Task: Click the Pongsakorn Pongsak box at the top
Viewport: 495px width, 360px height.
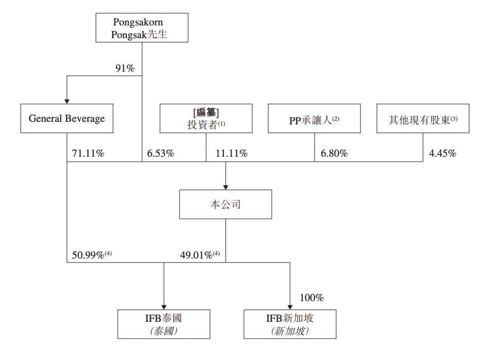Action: pyautogui.click(x=142, y=28)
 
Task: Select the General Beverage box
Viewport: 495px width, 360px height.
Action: pyautogui.click(x=67, y=119)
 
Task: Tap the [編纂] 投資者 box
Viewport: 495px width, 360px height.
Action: pyautogui.click(x=206, y=119)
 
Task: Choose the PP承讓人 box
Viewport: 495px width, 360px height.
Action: pyautogui.click(x=314, y=119)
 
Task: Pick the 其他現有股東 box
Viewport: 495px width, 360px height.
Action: pyautogui.click(x=423, y=119)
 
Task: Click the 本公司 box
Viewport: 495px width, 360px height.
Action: pyautogui.click(x=225, y=204)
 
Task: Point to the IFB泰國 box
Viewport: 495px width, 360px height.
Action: pyautogui.click(x=163, y=324)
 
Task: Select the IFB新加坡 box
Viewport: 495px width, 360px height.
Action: pyautogui.click(x=290, y=324)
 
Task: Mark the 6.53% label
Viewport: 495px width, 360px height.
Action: pyautogui.click(x=160, y=153)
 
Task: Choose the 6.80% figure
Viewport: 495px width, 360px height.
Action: pyautogui.click(x=333, y=153)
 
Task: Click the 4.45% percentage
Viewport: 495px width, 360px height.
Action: pyautogui.click(x=442, y=153)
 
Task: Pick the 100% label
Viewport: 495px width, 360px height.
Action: pyautogui.click(x=311, y=298)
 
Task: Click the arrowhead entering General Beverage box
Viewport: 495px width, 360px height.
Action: pyautogui.click(x=67, y=100)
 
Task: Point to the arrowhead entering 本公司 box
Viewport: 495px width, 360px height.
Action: pyautogui.click(x=225, y=186)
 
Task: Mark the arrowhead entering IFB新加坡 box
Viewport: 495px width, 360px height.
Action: pyautogui.click(x=290, y=306)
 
